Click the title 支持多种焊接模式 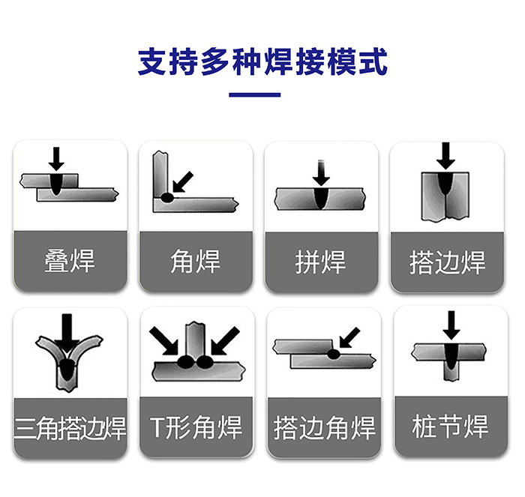pyautogui.click(x=262, y=62)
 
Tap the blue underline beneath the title pyautogui.click(x=255, y=95)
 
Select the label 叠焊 pyautogui.click(x=70, y=261)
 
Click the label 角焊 pyautogui.click(x=196, y=262)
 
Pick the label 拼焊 pyautogui.click(x=320, y=262)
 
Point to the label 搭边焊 pyautogui.click(x=447, y=262)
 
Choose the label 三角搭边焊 pyautogui.click(x=70, y=428)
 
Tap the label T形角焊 pyautogui.click(x=196, y=427)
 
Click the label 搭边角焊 pyautogui.click(x=325, y=428)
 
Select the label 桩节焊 pyautogui.click(x=450, y=426)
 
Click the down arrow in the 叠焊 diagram pyautogui.click(x=56, y=159)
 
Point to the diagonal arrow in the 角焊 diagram pyautogui.click(x=183, y=182)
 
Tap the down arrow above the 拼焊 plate pyautogui.click(x=322, y=172)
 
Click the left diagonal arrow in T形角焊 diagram pyautogui.click(x=163, y=340)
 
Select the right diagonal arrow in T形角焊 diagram pyautogui.click(x=225, y=340)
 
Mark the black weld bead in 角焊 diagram pyautogui.click(x=167, y=198)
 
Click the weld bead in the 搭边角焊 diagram pyautogui.click(x=334, y=354)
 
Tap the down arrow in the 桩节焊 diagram pyautogui.click(x=451, y=325)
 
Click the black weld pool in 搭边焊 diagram pyautogui.click(x=445, y=184)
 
